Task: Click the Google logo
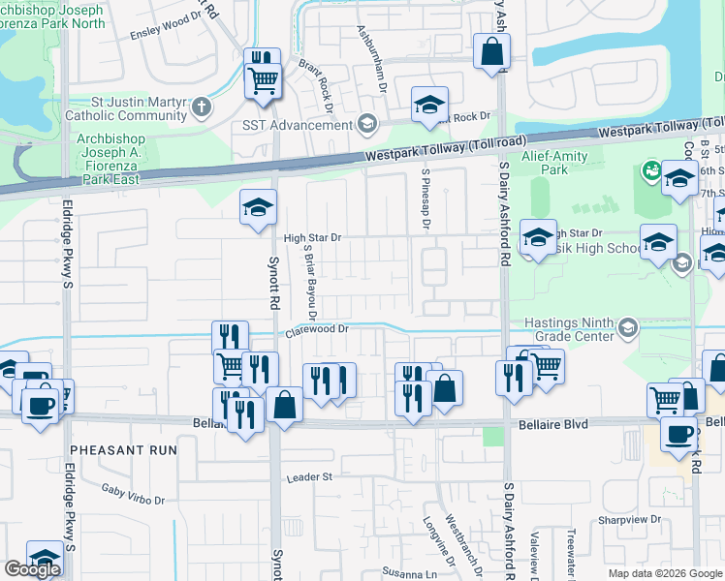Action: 32,569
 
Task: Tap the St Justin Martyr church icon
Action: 202,106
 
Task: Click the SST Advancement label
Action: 299,125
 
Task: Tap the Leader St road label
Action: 309,477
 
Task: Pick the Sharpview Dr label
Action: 629,519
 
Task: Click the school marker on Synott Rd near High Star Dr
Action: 258,207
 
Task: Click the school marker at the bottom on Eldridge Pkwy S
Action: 45,559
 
